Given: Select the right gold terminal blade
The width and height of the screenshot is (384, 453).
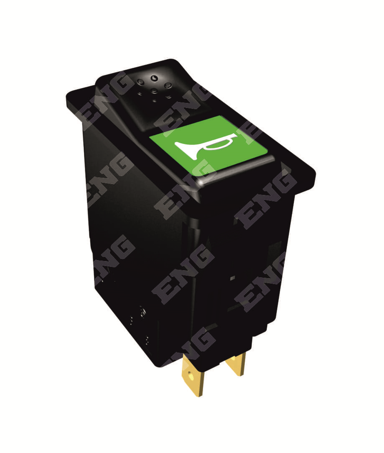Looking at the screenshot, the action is point(236,366).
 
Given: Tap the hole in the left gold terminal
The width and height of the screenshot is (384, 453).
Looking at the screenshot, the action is point(191,376).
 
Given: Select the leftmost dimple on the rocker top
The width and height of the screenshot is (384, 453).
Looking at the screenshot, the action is point(140,82).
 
